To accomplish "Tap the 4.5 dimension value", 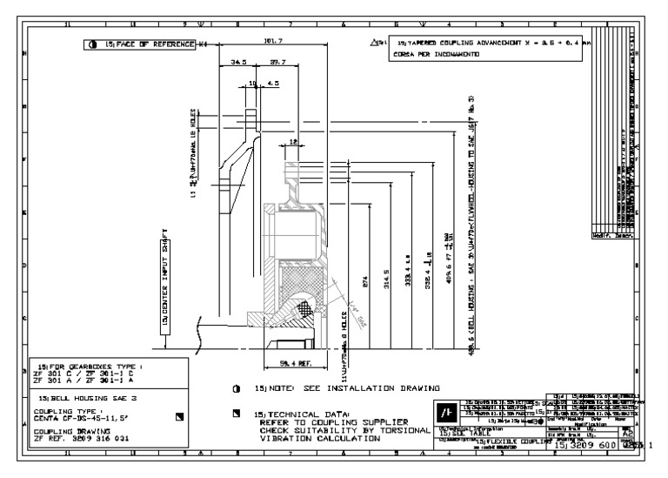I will pos(273,84).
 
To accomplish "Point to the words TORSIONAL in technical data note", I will pos(400,430).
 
